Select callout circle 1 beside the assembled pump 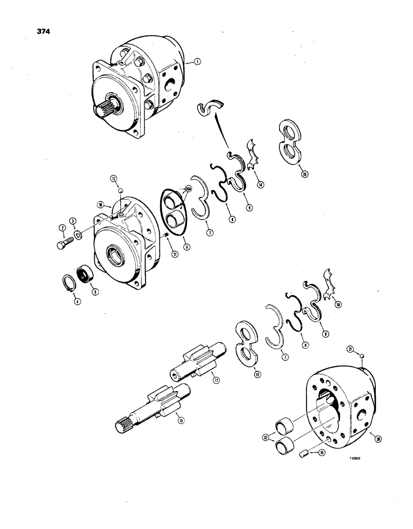[197, 62]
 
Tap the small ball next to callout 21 [361, 357]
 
